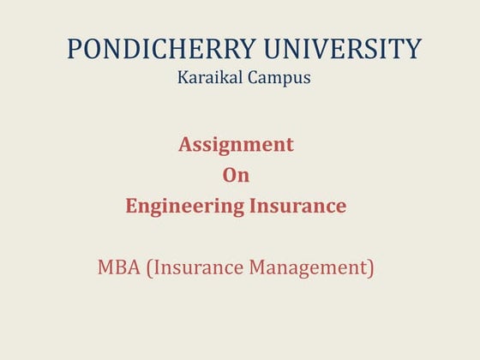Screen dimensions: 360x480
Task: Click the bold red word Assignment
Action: coord(236,145)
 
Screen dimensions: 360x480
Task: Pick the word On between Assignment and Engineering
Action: coord(236,176)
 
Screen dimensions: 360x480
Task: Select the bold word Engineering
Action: coord(178,206)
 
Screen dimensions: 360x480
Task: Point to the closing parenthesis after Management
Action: coord(371,268)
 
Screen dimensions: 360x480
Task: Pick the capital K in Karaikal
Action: coord(183,77)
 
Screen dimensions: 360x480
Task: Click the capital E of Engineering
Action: coord(131,206)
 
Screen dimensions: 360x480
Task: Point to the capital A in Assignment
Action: coord(185,145)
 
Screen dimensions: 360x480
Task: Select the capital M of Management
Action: coord(257,267)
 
